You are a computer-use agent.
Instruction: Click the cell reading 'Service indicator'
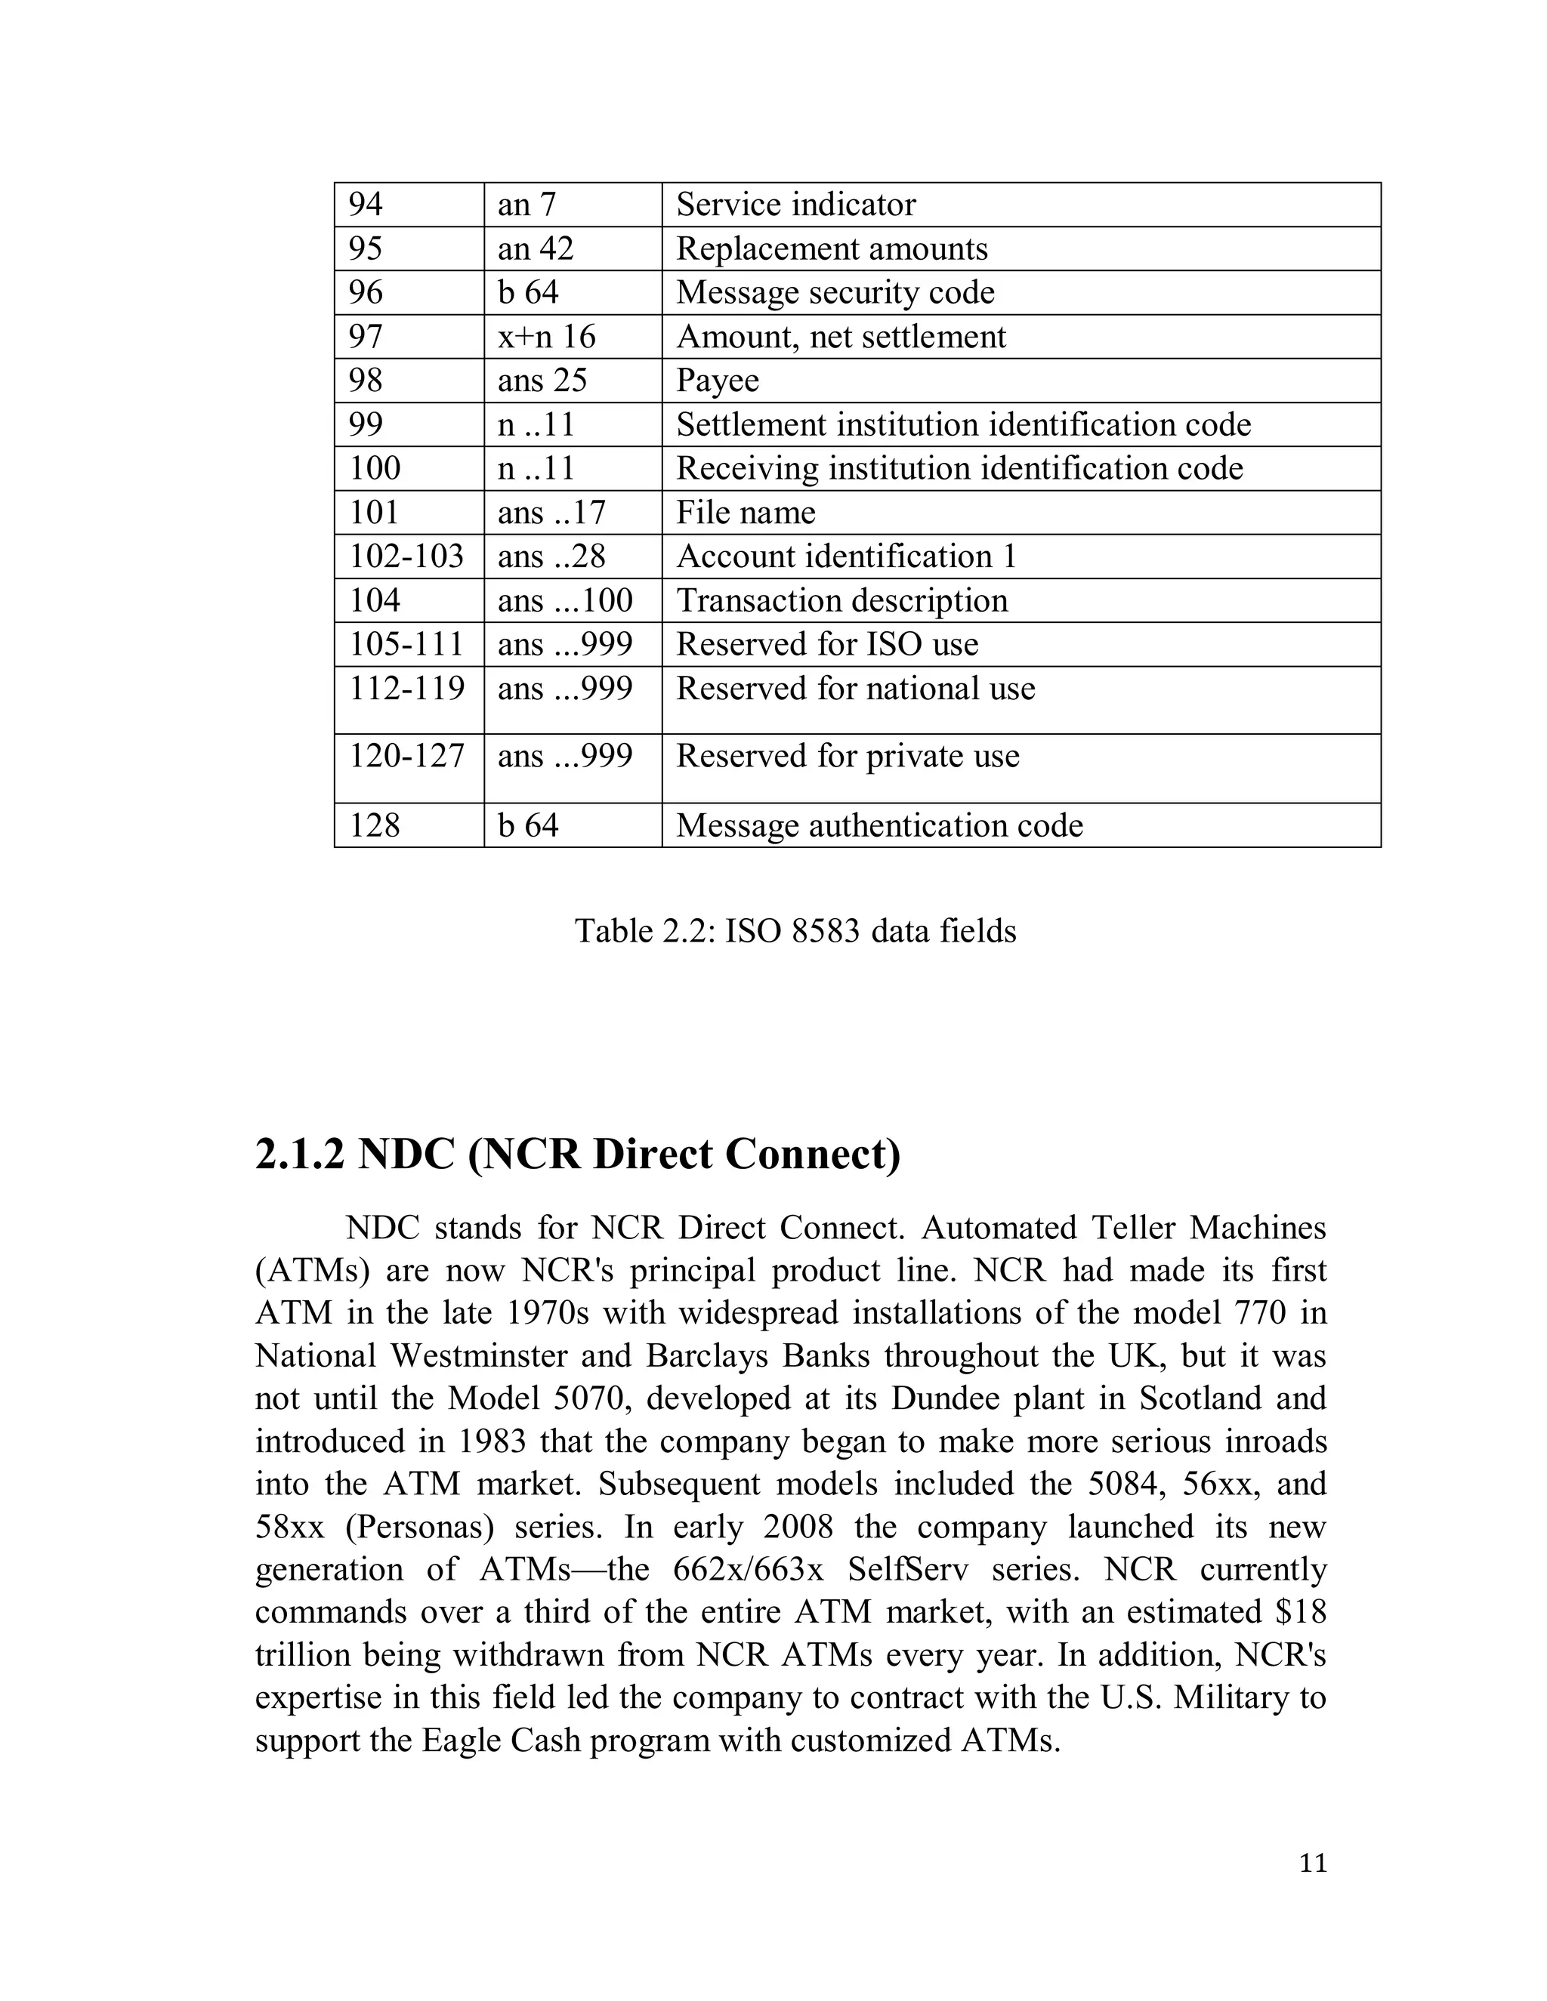click(x=795, y=205)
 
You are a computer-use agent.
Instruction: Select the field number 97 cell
click(x=366, y=336)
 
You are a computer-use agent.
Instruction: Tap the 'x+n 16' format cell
click(x=546, y=336)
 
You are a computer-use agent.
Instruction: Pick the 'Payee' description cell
click(x=718, y=381)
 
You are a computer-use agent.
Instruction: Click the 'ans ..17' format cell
click(x=551, y=512)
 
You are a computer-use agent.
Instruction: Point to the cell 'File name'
click(x=745, y=512)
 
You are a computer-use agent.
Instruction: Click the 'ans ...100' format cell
click(x=564, y=600)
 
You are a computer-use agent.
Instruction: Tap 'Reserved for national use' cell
click(x=855, y=689)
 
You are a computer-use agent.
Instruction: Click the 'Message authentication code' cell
click(x=879, y=825)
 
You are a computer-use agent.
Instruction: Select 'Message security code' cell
click(x=835, y=292)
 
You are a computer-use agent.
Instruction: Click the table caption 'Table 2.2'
click(x=795, y=931)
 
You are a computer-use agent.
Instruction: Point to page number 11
click(x=1312, y=1864)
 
